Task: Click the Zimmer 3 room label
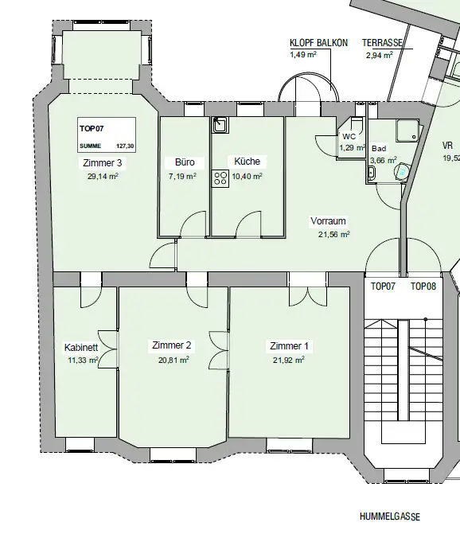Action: click(102, 163)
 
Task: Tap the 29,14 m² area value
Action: click(102, 177)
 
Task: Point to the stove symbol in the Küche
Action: click(219, 177)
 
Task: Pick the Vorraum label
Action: click(329, 221)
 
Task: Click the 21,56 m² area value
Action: click(333, 234)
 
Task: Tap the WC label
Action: click(349, 137)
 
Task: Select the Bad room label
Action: click(379, 148)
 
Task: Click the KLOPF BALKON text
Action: click(318, 43)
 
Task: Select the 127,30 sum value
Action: click(124, 146)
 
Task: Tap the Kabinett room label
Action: click(81, 348)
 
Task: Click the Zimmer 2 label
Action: click(171, 345)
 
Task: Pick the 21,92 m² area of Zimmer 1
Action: click(289, 359)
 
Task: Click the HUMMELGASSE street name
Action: click(389, 517)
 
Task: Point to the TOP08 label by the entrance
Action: click(423, 286)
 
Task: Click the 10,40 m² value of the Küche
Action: click(247, 176)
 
